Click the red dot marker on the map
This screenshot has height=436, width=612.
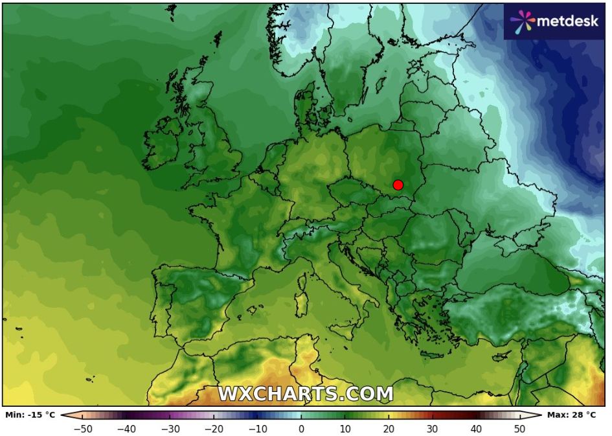[398, 185]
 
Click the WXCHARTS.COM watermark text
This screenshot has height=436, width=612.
[305, 393]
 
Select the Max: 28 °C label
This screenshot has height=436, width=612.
[572, 415]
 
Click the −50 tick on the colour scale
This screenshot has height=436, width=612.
[84, 428]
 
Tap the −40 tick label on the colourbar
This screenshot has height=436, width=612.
[127, 428]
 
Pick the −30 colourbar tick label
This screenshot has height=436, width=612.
[170, 428]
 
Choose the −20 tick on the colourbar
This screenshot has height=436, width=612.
[214, 428]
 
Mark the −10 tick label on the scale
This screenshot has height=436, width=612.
[258, 428]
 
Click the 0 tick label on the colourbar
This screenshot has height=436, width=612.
[301, 428]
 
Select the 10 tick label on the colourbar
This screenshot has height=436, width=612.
[345, 428]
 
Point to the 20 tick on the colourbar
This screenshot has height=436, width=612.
[389, 428]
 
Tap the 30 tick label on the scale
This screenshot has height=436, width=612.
[432, 428]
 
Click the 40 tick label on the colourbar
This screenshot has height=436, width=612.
[476, 428]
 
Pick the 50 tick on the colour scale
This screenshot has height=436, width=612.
[519, 428]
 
